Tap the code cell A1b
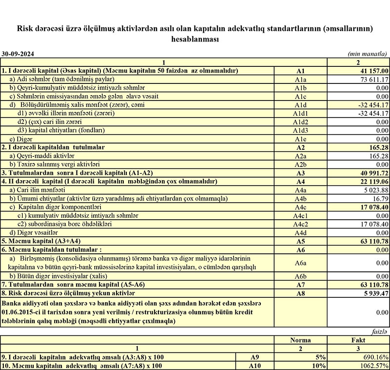[x=300, y=88]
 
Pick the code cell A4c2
[x=300, y=224]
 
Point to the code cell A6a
[x=300, y=262]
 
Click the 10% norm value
[x=320, y=366]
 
